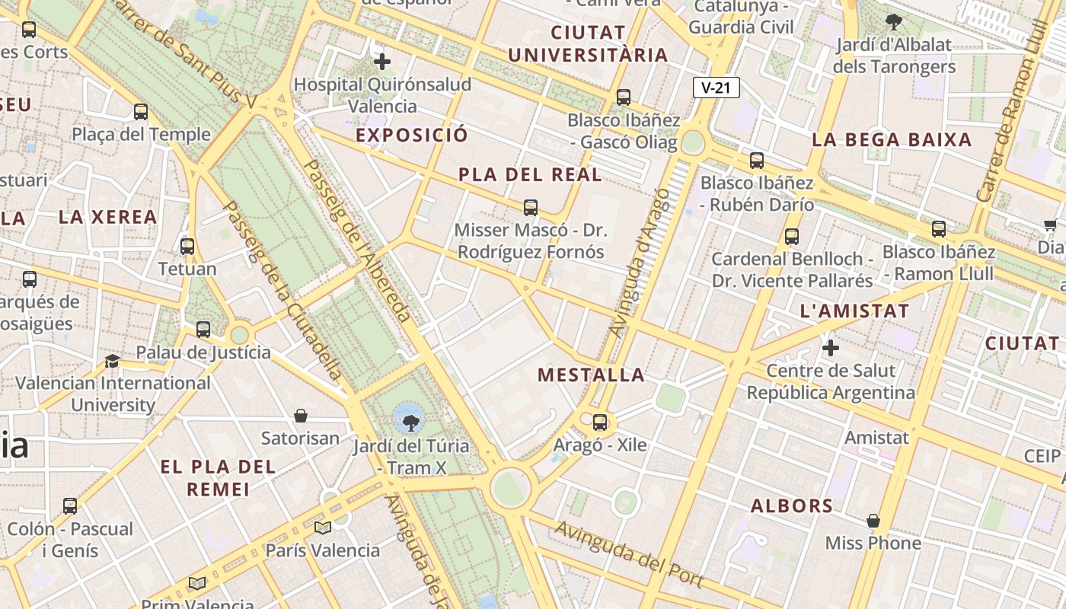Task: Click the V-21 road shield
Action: click(x=716, y=88)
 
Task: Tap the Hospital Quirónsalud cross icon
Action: click(x=382, y=62)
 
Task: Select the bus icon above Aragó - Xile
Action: click(x=600, y=422)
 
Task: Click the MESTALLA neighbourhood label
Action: click(x=591, y=375)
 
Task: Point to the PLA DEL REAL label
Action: click(x=530, y=174)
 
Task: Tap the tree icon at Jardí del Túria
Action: click(x=410, y=420)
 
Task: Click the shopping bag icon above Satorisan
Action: click(x=301, y=416)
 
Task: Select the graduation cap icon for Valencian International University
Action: click(x=113, y=361)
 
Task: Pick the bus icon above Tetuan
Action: click(x=187, y=247)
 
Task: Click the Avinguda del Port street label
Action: click(x=628, y=553)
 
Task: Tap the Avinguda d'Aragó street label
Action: click(x=640, y=263)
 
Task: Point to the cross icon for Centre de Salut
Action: click(x=831, y=349)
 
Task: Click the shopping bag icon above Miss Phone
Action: click(x=873, y=521)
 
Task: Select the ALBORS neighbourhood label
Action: click(x=792, y=505)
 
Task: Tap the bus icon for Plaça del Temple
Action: click(x=141, y=112)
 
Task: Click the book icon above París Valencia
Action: click(x=323, y=528)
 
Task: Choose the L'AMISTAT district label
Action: click(x=854, y=311)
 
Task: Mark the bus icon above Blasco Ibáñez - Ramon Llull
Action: click(x=939, y=229)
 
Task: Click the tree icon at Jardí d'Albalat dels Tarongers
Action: click(x=894, y=22)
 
